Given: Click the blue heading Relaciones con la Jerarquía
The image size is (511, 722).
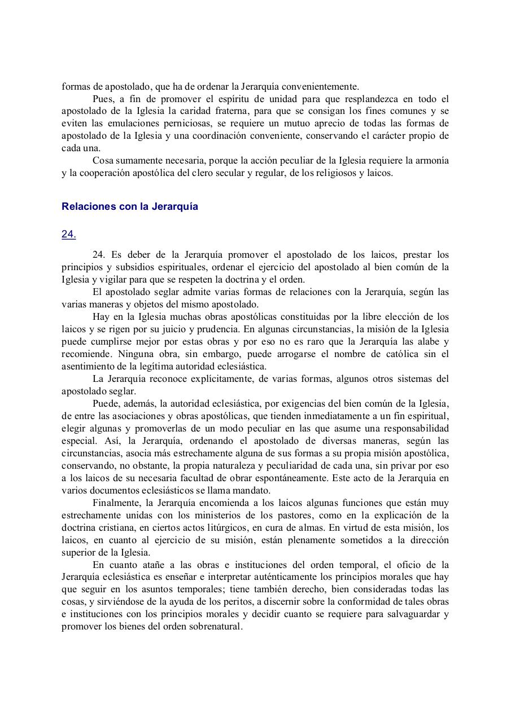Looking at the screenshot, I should click(130, 206).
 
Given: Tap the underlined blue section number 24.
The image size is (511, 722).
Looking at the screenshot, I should click(69, 235).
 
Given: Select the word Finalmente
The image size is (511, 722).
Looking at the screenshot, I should click(116, 503).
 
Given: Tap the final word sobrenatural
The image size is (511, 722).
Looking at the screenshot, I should click(215, 627).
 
